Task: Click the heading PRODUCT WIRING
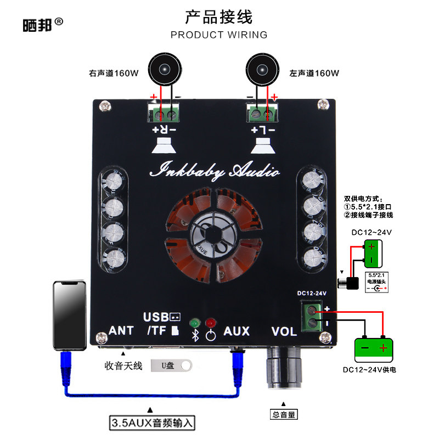(x=219, y=35)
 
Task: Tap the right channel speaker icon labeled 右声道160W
(x=164, y=70)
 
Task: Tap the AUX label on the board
(x=237, y=331)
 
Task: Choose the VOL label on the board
(x=284, y=331)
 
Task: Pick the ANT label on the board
(x=121, y=331)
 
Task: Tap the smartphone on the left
(x=70, y=315)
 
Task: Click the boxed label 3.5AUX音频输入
(x=153, y=424)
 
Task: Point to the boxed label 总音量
(x=284, y=415)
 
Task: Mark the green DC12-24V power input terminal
(x=312, y=317)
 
